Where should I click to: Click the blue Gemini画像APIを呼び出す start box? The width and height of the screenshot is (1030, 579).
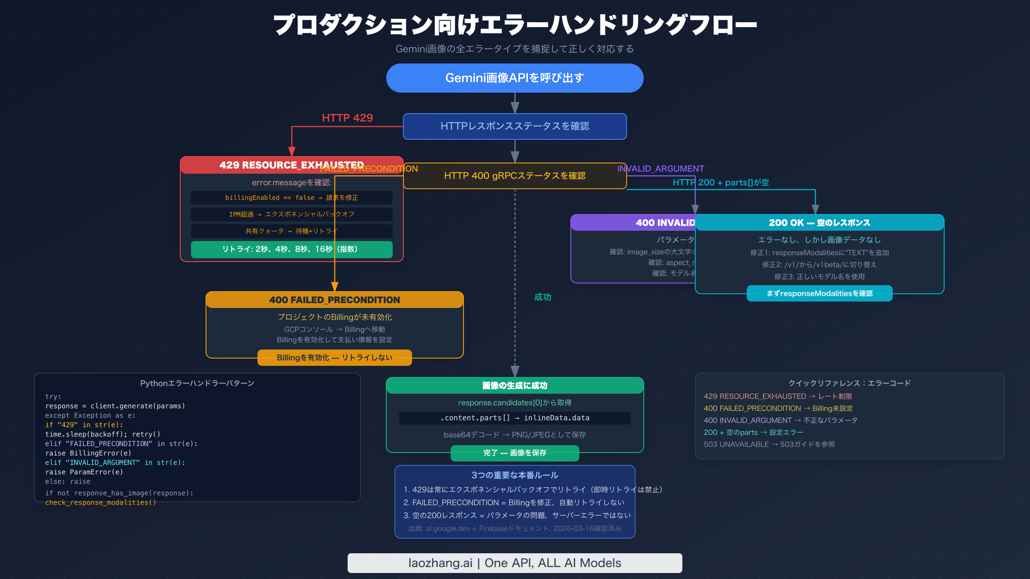point(515,78)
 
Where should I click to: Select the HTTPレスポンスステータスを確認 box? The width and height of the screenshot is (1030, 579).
point(515,126)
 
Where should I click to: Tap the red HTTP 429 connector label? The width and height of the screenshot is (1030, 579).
point(347,118)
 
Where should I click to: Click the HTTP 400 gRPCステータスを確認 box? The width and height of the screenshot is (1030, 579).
point(515,176)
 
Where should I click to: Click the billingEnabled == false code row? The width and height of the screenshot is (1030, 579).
point(291,198)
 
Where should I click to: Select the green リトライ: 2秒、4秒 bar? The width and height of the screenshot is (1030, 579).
point(291,249)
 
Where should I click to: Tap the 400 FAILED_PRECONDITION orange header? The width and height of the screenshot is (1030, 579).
point(334,300)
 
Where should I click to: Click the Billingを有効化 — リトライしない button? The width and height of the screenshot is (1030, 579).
point(334,358)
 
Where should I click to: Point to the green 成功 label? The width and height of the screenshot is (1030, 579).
point(542,297)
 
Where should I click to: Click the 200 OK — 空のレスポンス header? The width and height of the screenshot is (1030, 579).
point(819,223)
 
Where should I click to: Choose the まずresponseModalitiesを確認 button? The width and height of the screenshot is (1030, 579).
point(819,293)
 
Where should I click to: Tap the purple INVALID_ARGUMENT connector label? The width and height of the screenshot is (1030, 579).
point(660,169)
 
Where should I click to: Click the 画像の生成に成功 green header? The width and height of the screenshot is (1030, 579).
point(515,386)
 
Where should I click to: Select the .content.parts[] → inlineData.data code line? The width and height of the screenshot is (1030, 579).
point(515,418)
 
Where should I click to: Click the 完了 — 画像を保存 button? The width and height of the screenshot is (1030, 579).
point(515,453)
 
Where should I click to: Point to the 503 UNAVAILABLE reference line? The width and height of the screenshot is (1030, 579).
point(769,444)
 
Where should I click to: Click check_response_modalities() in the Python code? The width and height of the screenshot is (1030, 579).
point(100,503)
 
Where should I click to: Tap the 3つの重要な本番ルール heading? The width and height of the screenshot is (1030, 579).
point(515,475)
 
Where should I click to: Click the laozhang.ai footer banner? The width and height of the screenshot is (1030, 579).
point(515,563)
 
